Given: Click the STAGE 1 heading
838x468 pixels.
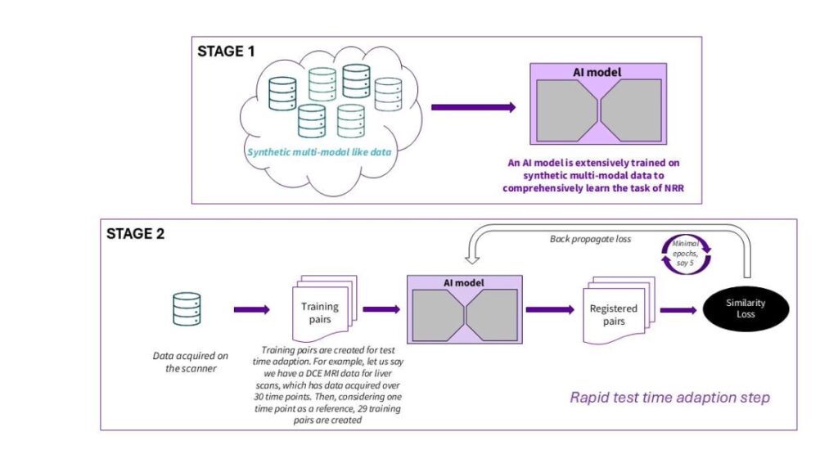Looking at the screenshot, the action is point(226,52).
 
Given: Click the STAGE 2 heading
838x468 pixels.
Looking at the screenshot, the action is point(135,233).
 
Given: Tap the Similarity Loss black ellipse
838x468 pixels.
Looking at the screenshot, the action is point(746,308).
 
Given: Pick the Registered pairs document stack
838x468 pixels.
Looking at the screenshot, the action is point(619,310).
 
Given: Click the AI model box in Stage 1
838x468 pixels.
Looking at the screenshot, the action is point(598,104).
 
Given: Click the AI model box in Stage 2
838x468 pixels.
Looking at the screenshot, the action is point(465,309).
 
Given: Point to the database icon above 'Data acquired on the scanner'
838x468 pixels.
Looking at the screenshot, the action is point(187,308).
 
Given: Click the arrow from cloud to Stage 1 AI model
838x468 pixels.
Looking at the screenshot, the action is point(474,107).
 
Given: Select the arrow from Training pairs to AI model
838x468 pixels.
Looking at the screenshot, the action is point(381,308).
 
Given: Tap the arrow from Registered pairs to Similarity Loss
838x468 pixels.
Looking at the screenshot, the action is point(678,310).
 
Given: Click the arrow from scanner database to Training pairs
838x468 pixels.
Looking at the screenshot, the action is point(252,309).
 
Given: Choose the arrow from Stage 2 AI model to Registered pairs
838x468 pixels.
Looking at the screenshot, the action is point(550,309).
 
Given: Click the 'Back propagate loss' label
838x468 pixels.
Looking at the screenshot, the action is point(590,239).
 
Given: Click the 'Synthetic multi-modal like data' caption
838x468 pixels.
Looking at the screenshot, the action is point(319,152).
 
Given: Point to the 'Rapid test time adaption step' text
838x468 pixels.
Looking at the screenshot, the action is point(669,398).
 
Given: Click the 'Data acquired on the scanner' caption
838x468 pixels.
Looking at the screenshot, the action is point(190,362).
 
